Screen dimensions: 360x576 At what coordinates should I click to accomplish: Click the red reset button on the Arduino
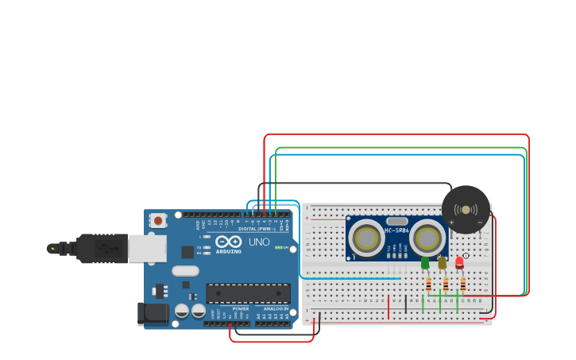coord(158,220)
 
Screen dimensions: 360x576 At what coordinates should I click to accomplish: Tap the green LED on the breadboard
coord(425,261)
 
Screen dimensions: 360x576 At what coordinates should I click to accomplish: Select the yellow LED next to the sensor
coord(443,262)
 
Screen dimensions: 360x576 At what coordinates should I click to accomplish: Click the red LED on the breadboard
coord(459,262)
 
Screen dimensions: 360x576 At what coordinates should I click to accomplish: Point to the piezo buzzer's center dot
coord(466,210)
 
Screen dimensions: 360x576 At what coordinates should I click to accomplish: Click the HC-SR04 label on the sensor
coord(396,230)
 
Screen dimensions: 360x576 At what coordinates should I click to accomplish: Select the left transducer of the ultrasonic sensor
coord(366,238)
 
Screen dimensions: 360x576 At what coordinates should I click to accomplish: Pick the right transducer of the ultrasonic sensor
coord(427,237)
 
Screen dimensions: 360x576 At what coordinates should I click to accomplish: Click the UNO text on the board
coord(259,242)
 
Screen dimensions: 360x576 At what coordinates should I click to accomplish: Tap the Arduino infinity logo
coord(228,242)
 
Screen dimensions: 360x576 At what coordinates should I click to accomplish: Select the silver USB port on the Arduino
coord(148,249)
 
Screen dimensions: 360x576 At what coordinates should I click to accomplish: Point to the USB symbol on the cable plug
coord(103,249)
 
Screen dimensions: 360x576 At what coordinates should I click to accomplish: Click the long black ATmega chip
coord(248,293)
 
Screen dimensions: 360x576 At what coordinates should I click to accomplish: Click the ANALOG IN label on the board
coord(276,308)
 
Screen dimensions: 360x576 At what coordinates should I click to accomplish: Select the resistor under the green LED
coord(429,284)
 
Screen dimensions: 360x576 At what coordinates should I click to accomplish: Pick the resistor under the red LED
coord(463,284)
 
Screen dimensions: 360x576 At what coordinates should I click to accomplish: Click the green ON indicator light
coord(277,248)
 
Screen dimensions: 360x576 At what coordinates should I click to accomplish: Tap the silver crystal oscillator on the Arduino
coord(185,271)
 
